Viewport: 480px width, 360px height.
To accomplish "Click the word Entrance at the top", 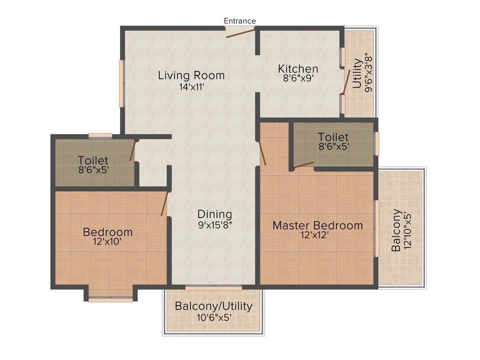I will click(240, 21).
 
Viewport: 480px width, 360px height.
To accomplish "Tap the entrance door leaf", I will click(240, 32).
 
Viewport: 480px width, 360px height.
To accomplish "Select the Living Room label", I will click(191, 75).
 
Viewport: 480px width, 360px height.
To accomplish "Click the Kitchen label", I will click(298, 69).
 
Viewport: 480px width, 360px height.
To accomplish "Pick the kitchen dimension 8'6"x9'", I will click(298, 79).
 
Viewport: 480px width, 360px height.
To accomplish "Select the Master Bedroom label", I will click(318, 225).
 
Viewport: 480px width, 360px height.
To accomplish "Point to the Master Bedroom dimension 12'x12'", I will click(318, 235).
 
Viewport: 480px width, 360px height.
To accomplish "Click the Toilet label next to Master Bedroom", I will click(333, 137).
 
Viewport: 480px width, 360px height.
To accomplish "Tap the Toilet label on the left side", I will click(93, 160).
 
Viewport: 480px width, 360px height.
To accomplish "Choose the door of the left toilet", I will click(133, 151).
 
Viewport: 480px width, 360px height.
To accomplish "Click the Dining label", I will click(215, 214).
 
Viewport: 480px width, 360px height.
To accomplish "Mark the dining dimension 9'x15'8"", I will click(215, 225).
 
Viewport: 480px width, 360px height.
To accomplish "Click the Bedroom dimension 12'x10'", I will click(108, 242).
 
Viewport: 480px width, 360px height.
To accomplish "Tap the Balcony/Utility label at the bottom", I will click(214, 306).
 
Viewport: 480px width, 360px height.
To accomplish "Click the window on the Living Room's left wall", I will click(121, 83).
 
